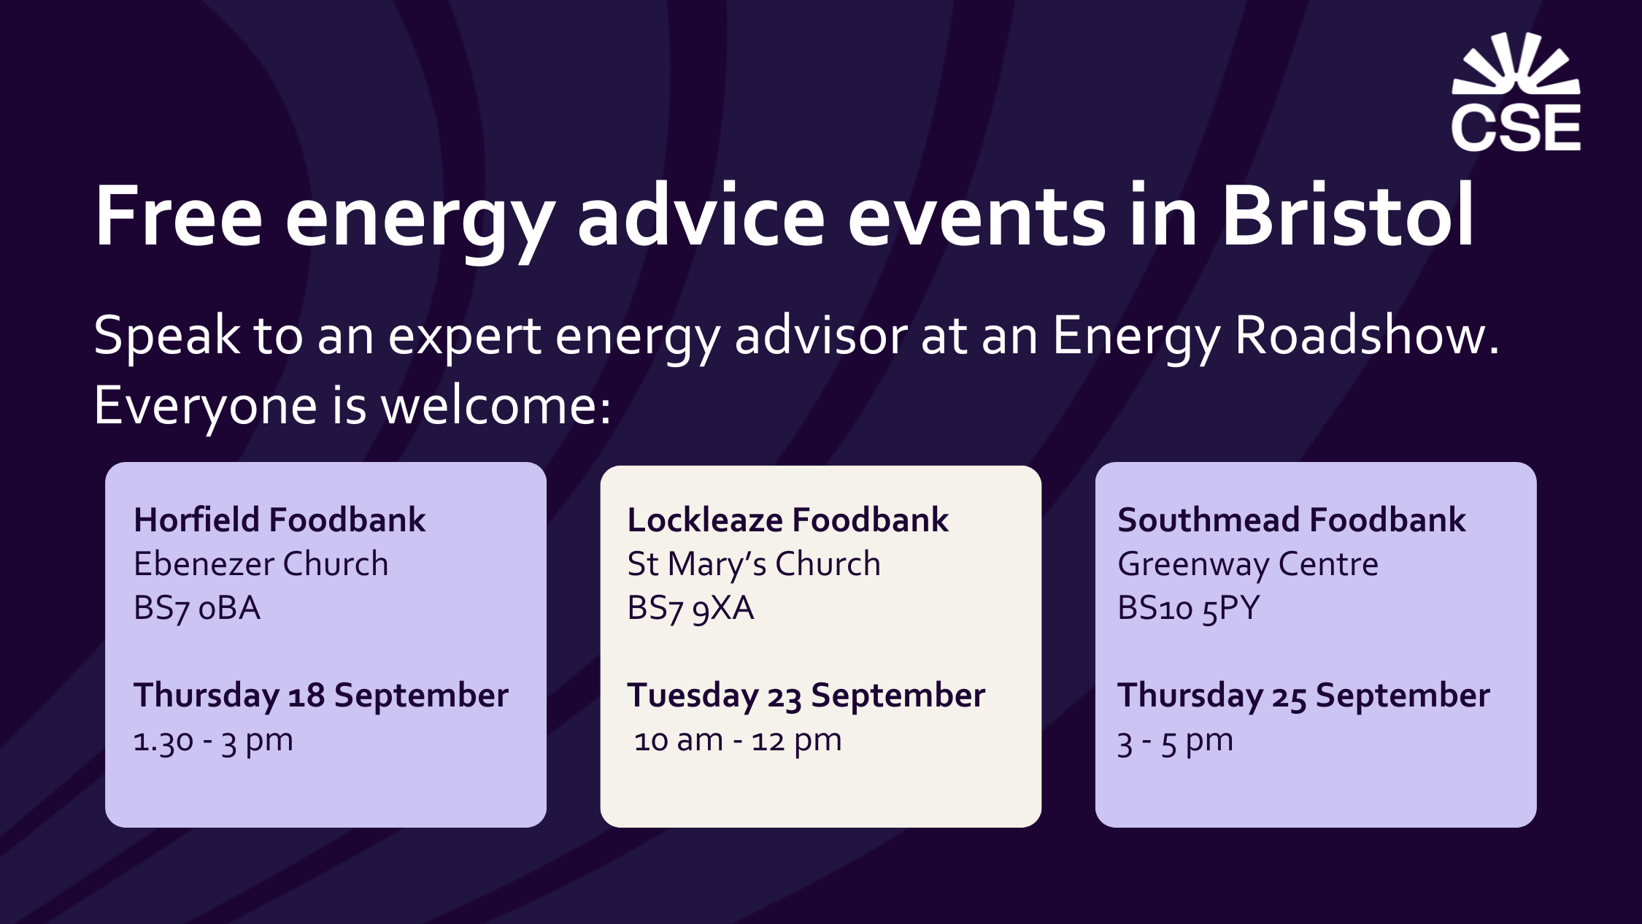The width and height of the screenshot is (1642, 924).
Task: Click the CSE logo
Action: [x=1516, y=92]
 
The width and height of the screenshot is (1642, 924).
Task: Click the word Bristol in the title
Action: [x=1348, y=216]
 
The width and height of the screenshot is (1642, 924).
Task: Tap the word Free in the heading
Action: [x=179, y=217]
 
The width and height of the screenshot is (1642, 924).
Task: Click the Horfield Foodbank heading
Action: [x=280, y=520]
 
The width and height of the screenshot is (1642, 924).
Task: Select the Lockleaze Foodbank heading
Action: [x=788, y=520]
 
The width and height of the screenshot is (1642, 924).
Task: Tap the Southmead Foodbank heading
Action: [x=1292, y=520]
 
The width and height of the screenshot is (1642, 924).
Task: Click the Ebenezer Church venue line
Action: [x=261, y=563]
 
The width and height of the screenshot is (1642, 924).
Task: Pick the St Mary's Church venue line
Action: [x=754, y=563]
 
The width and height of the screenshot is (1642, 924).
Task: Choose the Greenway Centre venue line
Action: [x=1248, y=565]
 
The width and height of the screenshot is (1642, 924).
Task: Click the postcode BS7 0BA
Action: [x=197, y=609]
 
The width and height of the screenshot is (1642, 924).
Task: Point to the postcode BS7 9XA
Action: [x=690, y=609]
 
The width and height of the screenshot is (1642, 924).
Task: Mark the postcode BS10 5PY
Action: [x=1189, y=609]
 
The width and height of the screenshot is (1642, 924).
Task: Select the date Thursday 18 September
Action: [x=321, y=696]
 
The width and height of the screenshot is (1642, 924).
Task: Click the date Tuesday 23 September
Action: [x=806, y=696]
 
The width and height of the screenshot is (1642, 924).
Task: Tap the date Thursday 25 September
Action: [x=1304, y=696]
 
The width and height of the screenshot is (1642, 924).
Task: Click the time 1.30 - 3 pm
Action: [x=213, y=742]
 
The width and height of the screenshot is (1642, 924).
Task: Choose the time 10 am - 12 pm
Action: [x=738, y=742]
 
